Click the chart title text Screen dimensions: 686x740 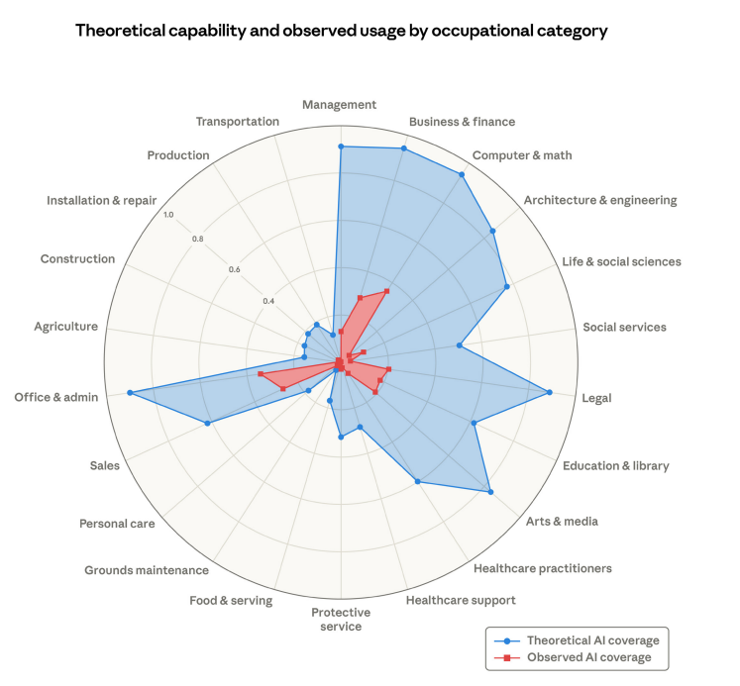coord(341,31)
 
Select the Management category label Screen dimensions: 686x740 coord(340,104)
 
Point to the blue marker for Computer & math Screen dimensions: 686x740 coord(463,174)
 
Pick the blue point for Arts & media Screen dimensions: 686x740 coord(490,491)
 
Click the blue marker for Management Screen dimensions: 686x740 coord(341,147)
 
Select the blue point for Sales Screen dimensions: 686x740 coord(207,424)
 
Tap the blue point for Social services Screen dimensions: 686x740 coord(460,345)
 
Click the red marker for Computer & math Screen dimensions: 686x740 coord(386,291)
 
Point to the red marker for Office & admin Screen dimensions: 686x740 coord(260,374)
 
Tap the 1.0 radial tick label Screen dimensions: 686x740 coord(167,215)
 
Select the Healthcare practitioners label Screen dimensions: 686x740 coord(543,568)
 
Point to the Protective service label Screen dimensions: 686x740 coord(341,619)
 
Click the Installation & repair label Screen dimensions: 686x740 coord(101,201)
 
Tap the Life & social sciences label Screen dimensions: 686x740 coord(621,261)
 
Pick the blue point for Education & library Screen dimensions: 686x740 coord(475,423)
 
